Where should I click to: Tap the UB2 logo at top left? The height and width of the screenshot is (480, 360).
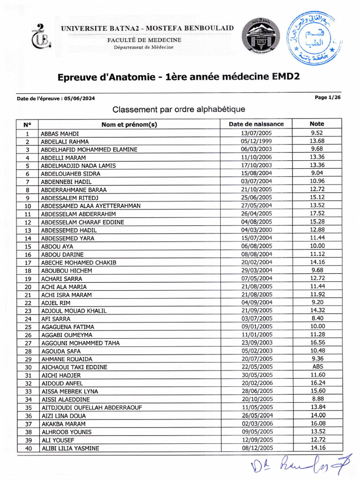click(x=41, y=36)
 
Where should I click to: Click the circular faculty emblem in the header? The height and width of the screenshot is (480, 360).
click(x=261, y=37)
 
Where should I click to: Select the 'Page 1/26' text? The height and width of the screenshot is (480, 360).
click(x=328, y=97)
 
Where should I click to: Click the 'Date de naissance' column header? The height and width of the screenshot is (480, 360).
click(x=256, y=124)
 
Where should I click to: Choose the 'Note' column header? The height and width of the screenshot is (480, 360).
click(x=317, y=124)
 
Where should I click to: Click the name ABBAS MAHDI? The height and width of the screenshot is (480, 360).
click(x=60, y=134)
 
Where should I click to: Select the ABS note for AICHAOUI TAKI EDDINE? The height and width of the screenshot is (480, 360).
click(x=317, y=367)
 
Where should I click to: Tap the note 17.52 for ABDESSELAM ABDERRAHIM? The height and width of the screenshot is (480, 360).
click(x=317, y=213)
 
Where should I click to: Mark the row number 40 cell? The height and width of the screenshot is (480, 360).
click(x=28, y=448)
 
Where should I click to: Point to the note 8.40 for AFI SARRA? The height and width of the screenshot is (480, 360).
click(x=317, y=318)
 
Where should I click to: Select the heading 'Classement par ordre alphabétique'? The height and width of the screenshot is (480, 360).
click(x=179, y=110)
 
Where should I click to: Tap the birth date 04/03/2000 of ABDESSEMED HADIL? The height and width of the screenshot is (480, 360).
click(x=256, y=230)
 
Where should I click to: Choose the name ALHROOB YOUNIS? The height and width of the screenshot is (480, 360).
click(x=66, y=432)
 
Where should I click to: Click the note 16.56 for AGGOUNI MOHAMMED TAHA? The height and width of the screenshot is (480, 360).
click(x=317, y=343)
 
